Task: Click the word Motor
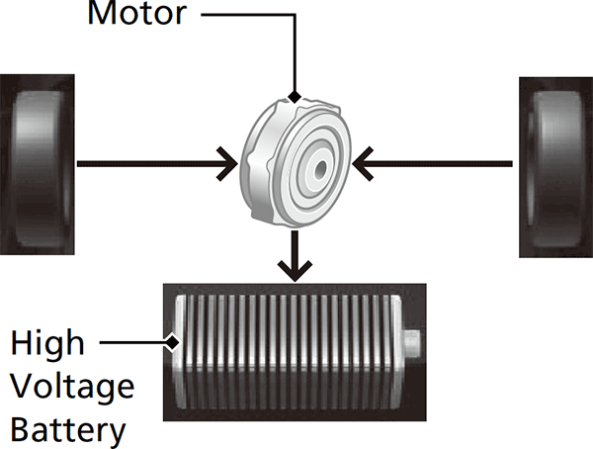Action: [x=136, y=15]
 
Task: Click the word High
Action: [x=47, y=344]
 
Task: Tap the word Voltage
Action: [x=72, y=387]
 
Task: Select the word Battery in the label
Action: [x=69, y=430]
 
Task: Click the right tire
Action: [x=556, y=167]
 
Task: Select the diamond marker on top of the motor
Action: [x=293, y=97]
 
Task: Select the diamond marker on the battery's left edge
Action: [x=173, y=343]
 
